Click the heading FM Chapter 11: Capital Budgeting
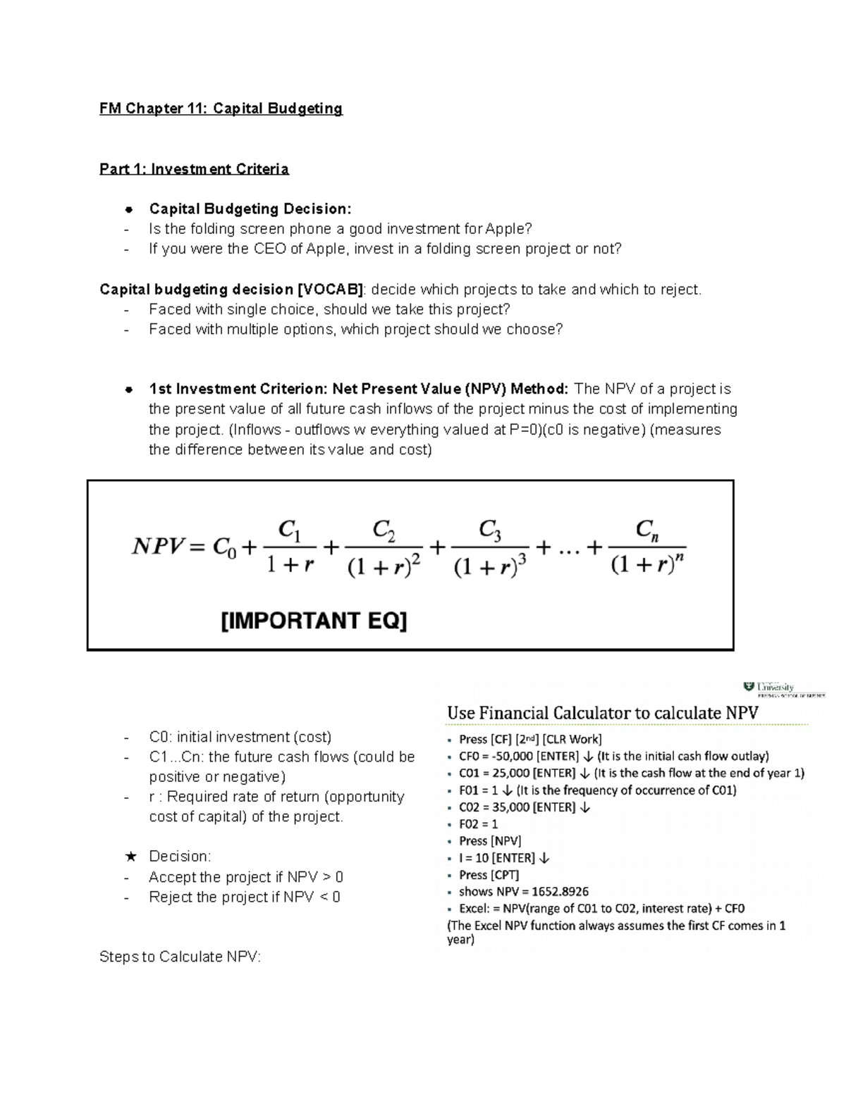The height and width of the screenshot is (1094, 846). click(221, 108)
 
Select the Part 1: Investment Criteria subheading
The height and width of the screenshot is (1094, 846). click(194, 169)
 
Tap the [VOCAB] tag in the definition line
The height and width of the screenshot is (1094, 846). click(331, 290)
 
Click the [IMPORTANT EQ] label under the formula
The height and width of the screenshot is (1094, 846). click(314, 621)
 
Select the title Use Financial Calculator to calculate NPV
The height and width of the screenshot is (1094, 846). click(602, 713)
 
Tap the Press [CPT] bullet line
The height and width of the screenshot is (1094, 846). click(489, 875)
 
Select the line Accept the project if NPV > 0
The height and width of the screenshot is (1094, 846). click(246, 877)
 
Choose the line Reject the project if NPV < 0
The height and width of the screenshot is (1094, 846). click(244, 897)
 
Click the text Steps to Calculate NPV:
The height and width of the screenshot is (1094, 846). click(180, 957)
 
